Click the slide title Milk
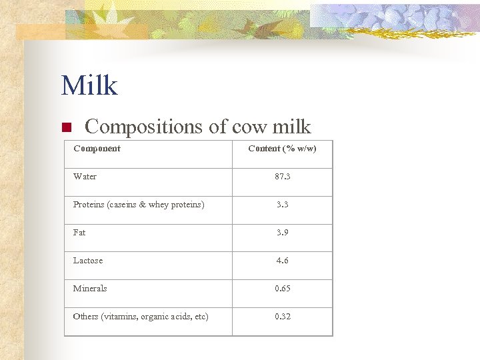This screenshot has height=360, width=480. click(89, 86)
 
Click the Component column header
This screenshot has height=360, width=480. click(97, 149)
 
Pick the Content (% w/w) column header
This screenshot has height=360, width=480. click(282, 149)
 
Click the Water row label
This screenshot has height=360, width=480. click(85, 177)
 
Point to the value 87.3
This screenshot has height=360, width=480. click(282, 177)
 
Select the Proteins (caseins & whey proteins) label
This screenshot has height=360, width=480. click(139, 205)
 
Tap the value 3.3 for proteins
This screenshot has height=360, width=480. click(282, 205)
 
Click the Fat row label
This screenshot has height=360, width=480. click(79, 233)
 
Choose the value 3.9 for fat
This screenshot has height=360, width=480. click(282, 233)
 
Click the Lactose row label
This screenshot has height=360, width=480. click(88, 261)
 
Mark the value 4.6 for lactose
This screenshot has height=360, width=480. click(282, 261)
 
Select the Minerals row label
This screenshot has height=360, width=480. click(90, 289)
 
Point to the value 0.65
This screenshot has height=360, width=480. click(282, 289)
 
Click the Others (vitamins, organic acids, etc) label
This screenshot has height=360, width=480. click(141, 317)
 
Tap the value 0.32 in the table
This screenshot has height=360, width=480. click(282, 317)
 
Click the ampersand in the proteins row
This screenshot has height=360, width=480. click(141, 205)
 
